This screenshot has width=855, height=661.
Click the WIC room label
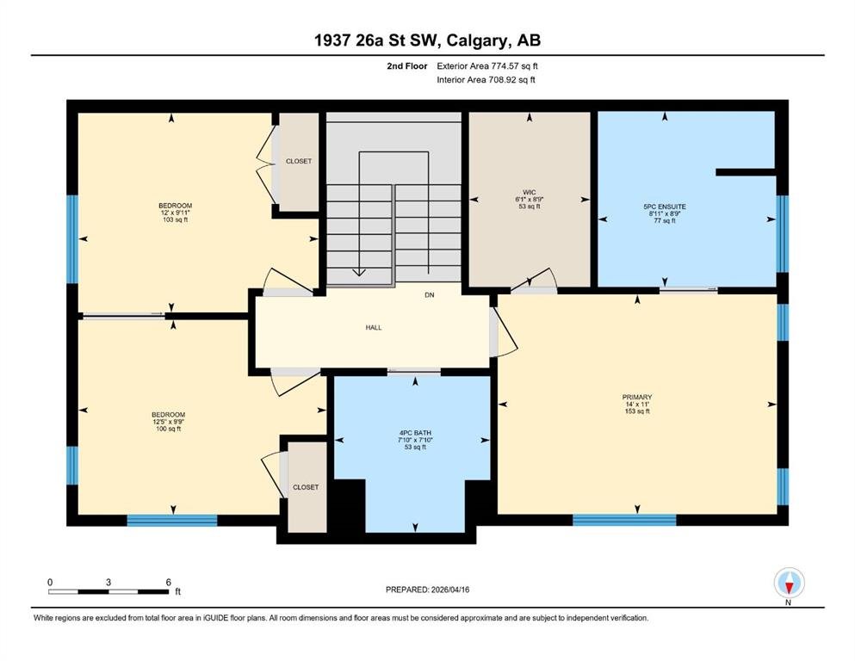(x=529, y=192)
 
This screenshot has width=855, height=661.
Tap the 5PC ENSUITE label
(x=665, y=207)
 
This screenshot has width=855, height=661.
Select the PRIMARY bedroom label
(x=637, y=398)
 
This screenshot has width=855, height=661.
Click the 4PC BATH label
(x=415, y=433)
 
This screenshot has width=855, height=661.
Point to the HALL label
(x=374, y=328)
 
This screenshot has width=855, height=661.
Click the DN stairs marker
(x=430, y=295)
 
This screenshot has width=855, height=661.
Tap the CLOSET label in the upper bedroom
(x=299, y=161)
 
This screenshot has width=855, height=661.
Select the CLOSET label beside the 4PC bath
(x=306, y=487)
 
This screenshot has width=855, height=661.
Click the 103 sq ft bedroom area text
(x=175, y=219)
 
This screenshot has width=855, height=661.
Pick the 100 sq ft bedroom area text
(x=169, y=429)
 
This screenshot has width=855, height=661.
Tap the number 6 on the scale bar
(x=169, y=582)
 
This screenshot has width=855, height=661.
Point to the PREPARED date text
(x=427, y=590)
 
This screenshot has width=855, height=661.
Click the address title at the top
(x=427, y=40)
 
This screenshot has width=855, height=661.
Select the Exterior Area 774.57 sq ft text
(x=487, y=66)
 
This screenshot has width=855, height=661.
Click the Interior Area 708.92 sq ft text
(x=486, y=79)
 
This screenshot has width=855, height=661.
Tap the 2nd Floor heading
(x=407, y=66)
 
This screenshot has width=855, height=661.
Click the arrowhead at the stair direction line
(x=359, y=273)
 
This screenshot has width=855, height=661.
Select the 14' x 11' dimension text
(x=637, y=405)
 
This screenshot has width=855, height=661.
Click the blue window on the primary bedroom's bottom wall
(x=624, y=520)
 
